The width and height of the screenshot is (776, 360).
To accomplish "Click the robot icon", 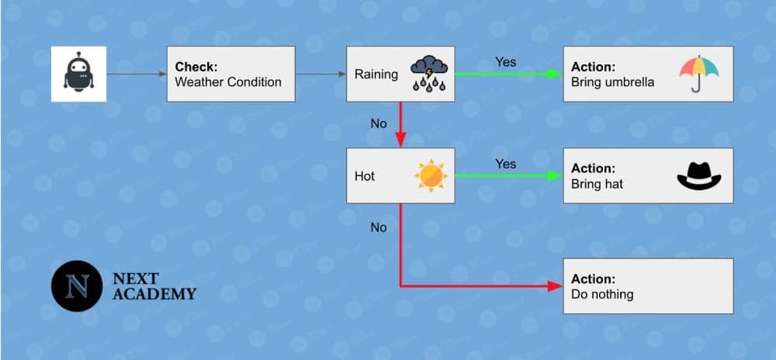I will (78, 74).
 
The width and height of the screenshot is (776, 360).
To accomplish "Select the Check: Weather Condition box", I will (230, 74).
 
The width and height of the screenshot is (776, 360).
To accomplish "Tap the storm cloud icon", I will (428, 74).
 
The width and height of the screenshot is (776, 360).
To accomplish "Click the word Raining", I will (376, 74).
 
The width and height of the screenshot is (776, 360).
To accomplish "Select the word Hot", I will (365, 176).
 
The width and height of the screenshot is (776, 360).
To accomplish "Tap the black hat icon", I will (698, 176).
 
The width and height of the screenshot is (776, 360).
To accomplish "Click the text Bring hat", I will (598, 184).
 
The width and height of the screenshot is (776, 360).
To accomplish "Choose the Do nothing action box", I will (648, 286).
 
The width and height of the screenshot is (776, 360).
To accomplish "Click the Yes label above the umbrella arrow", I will (505, 62).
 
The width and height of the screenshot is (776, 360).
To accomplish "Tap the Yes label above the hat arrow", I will (505, 164).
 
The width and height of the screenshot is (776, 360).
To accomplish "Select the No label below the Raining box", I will (379, 124).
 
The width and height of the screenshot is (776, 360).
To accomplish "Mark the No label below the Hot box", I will (379, 227).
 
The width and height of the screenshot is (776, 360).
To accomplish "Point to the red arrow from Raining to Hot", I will (400, 124).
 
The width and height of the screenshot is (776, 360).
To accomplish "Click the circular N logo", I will (77, 286).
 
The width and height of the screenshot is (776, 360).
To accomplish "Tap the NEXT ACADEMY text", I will (154, 286).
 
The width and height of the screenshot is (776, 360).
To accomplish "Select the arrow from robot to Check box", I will (137, 74).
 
